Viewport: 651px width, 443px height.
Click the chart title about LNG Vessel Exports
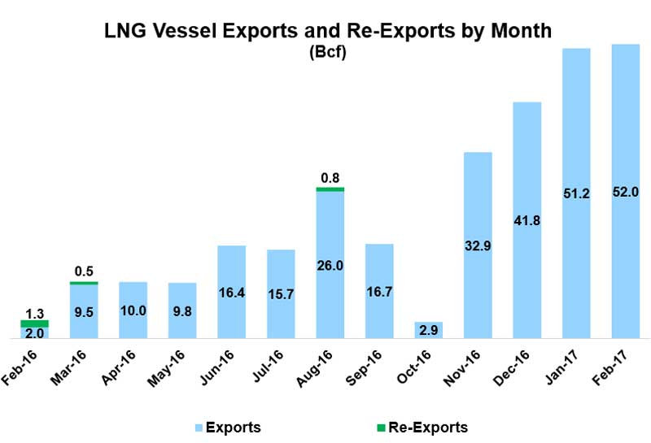[328, 32]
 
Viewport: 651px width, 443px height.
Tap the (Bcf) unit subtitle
[328, 54]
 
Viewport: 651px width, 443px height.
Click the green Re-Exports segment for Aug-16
[330, 189]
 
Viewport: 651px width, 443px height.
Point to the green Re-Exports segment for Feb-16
[35, 324]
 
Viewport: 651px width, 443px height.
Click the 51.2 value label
[575, 194]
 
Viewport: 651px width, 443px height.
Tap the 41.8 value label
[526, 220]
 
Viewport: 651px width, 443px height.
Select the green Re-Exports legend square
[370, 426]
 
